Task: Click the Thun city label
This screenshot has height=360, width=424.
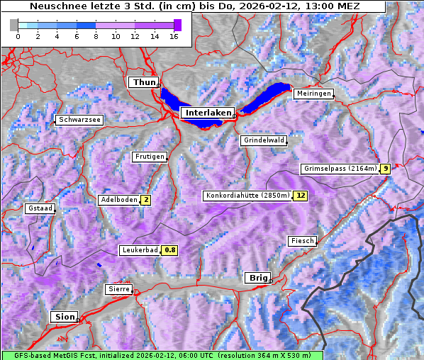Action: point(144,83)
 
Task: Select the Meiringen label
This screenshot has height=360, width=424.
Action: point(313,94)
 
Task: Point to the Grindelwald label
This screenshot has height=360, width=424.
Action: point(264,140)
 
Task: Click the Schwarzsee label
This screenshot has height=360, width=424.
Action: point(80,120)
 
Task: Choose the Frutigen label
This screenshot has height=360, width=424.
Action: point(149,157)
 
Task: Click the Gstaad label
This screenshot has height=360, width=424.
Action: point(40,209)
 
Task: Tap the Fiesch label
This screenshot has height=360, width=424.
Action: point(302,241)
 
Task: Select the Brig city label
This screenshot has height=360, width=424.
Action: point(257,278)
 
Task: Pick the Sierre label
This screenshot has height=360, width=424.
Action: point(118,289)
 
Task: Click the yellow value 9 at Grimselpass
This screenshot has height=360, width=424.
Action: point(385,169)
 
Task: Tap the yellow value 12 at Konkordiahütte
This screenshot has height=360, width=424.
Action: point(301,196)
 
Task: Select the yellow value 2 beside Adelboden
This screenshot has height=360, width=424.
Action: point(145,200)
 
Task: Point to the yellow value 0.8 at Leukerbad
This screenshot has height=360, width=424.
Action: point(170,250)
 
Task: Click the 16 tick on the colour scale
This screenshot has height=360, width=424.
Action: point(173,36)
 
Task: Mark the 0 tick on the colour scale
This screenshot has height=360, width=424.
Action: point(18,36)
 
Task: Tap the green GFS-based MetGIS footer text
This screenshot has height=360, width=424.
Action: point(162,355)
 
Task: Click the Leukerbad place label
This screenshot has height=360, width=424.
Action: point(140,250)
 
